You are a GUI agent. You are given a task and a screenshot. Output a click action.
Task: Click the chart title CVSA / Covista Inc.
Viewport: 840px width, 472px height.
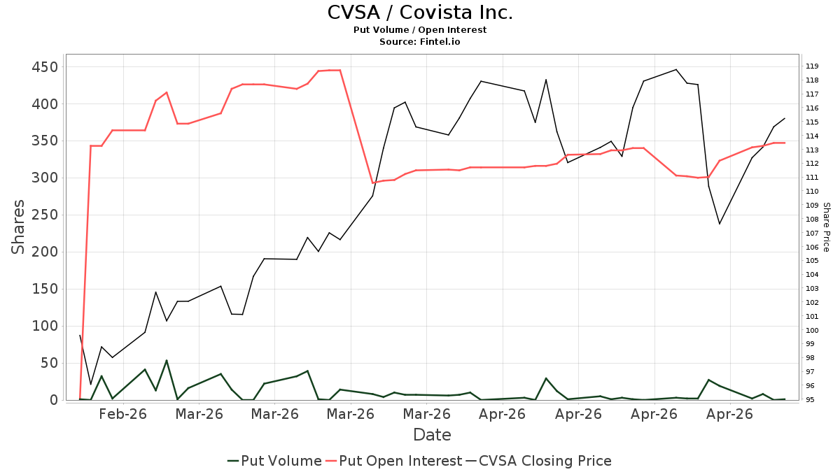point(420,13)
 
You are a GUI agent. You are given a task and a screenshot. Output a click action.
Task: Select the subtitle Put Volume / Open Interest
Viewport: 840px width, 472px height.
point(420,30)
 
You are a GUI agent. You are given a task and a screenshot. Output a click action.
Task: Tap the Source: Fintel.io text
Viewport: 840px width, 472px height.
point(419,41)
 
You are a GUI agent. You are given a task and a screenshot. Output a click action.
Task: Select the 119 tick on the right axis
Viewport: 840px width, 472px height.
point(812,66)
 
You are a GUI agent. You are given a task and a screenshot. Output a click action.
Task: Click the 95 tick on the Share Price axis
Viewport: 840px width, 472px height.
point(810,400)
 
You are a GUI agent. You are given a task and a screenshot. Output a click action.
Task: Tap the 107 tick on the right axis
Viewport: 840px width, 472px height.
point(812,233)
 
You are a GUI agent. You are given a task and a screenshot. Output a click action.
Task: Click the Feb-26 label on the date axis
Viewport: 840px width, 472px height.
point(122,414)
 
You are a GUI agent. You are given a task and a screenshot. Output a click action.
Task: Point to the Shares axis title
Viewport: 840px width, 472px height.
point(17,227)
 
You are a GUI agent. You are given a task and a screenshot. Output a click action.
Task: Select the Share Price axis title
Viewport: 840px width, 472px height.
point(826,227)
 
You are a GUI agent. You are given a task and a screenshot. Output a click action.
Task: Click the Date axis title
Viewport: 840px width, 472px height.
point(432,435)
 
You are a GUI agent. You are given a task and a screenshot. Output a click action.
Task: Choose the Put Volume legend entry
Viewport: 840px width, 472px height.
point(274,461)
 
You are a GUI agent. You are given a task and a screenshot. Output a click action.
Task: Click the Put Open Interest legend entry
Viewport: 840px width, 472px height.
point(393,461)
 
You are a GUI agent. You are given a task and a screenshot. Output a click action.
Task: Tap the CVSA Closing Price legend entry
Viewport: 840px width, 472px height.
point(538,461)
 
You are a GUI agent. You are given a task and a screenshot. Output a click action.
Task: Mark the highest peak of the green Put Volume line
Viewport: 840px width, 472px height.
point(167,360)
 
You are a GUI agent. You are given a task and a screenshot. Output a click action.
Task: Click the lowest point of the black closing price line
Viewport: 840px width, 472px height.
point(91,385)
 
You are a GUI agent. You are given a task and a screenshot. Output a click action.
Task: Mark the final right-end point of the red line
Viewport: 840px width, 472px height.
point(785,143)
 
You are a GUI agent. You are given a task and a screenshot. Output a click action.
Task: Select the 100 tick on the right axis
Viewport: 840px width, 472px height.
point(812,330)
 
